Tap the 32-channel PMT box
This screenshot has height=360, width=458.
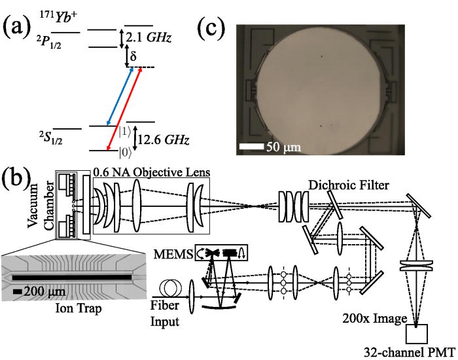tap(419, 334)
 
